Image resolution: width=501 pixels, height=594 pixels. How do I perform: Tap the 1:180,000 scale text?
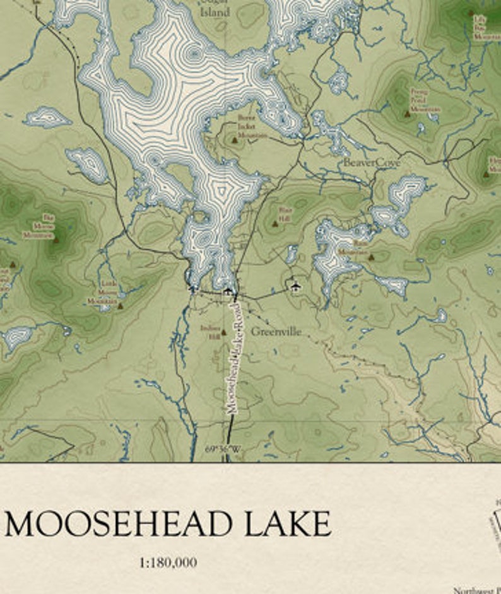click(167, 562)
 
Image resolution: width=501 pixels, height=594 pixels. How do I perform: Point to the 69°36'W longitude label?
click(223, 450)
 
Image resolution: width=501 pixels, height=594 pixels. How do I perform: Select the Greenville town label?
click(276, 331)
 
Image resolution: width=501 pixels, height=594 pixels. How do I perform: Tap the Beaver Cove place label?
click(372, 163)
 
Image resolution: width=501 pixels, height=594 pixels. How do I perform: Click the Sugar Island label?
click(215, 8)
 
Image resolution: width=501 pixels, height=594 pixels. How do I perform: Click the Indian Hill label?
click(209, 332)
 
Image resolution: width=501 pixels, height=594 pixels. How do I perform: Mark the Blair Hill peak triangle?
click(274, 223)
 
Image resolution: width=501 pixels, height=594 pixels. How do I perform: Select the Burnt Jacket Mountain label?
click(252, 126)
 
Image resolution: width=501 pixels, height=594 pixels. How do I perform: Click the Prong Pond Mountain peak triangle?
click(406, 114)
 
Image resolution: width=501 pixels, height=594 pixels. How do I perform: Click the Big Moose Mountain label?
click(38, 226)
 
